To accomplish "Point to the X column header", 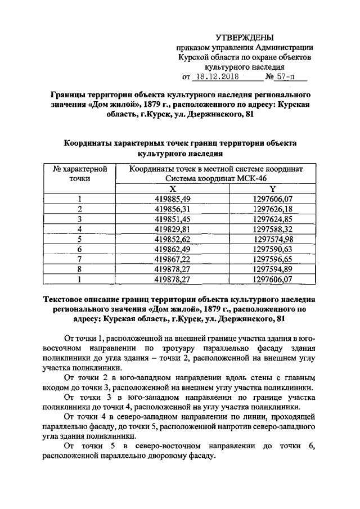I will [173, 188].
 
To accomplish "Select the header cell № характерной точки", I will [80, 173].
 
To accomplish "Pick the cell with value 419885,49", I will [173, 199].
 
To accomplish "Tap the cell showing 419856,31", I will [173, 209].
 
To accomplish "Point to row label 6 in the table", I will [80, 249].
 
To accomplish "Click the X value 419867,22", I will [173, 259].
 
